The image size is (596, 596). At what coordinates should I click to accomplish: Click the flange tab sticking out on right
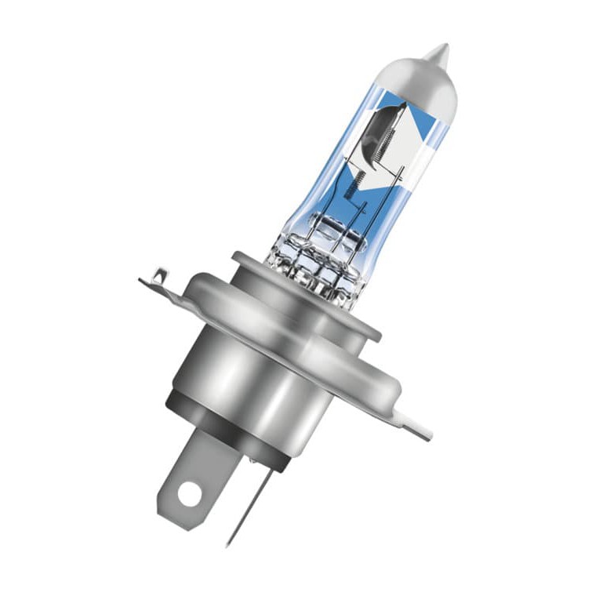tap(412, 423)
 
